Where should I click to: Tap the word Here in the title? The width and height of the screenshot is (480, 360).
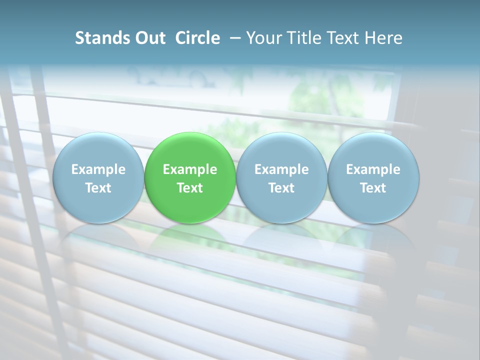(383, 38)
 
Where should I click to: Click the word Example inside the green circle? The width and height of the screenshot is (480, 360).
(190, 169)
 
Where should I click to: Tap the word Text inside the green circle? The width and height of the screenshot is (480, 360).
(190, 188)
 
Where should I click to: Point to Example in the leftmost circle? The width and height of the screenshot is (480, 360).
(98, 169)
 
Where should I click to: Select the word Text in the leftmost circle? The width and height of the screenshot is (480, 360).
(98, 188)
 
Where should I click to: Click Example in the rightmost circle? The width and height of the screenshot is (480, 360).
(373, 169)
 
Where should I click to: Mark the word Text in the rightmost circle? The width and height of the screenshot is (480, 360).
(373, 188)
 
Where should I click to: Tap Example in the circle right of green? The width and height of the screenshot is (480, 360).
(281, 169)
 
